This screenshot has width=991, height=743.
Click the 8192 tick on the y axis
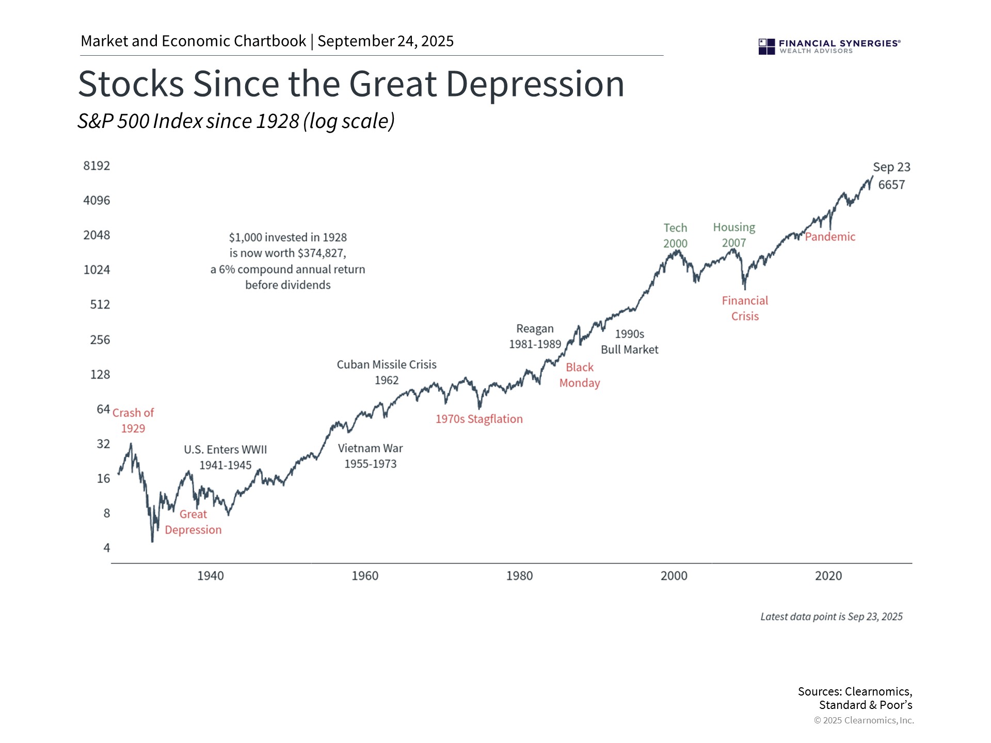click(97, 166)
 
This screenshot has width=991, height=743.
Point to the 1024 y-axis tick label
click(97, 270)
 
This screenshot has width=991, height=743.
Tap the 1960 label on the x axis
click(365, 576)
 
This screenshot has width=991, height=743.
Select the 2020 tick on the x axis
click(828, 576)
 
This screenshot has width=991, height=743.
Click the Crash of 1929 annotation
click(133, 421)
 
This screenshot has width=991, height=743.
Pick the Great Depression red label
click(193, 522)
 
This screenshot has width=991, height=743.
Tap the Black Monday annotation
click(580, 375)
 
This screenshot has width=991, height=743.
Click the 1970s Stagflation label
click(479, 419)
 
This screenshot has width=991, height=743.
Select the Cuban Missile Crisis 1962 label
click(387, 373)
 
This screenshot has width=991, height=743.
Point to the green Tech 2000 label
click(675, 235)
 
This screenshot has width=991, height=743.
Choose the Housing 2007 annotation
click(734, 235)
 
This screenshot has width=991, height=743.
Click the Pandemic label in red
click(830, 237)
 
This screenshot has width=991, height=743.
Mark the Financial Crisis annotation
click(745, 308)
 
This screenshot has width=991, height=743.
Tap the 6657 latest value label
click(891, 185)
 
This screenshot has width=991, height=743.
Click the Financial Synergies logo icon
click(766, 46)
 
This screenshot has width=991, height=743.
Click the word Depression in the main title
click(535, 84)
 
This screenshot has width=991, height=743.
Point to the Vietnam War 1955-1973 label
click(371, 456)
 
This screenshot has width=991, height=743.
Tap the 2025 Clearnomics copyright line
click(864, 720)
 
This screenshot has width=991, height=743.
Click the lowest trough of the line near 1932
click(152, 541)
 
